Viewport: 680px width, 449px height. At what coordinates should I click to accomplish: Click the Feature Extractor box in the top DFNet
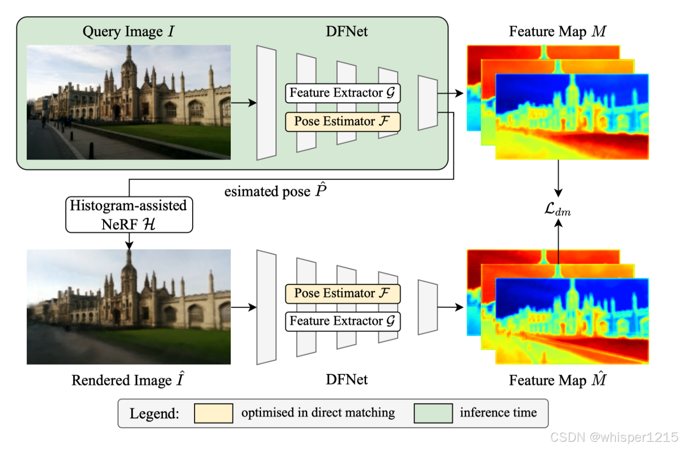[x=342, y=93]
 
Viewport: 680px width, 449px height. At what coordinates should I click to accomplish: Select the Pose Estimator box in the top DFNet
[x=342, y=122]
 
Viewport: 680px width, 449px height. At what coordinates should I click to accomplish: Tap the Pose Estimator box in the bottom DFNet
[x=342, y=293]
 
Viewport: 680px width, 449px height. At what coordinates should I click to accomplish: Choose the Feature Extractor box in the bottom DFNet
[x=342, y=321]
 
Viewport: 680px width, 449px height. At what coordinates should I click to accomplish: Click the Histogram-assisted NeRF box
[x=129, y=215]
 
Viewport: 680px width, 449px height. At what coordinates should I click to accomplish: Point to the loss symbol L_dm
[x=557, y=209]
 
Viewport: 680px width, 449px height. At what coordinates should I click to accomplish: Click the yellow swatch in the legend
[x=214, y=413]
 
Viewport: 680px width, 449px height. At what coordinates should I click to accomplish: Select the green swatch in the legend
[x=433, y=413]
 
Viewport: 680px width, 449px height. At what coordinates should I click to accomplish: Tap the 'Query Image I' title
[x=128, y=32]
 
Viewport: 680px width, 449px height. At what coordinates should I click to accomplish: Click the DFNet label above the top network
[x=347, y=32]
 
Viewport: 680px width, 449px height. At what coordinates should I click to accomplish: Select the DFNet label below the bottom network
[x=347, y=379]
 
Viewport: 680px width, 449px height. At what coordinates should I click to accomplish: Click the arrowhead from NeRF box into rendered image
[x=129, y=245]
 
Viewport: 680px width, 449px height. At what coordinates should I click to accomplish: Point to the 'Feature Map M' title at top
[x=557, y=32]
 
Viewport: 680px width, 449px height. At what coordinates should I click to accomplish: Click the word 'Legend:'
[x=154, y=414]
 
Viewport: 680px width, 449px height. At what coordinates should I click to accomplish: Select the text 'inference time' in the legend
[x=498, y=412]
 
